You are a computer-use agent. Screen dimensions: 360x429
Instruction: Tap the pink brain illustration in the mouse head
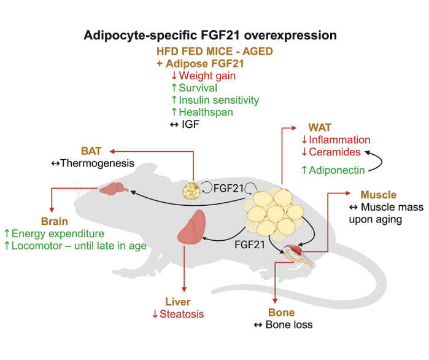pos(116,191)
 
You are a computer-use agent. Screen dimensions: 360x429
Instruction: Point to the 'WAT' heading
pos(319,128)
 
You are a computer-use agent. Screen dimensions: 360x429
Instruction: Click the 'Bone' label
pos(282,312)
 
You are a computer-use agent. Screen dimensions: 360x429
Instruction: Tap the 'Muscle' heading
pos(379,195)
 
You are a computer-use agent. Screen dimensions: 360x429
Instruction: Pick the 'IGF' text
pos(193,125)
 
